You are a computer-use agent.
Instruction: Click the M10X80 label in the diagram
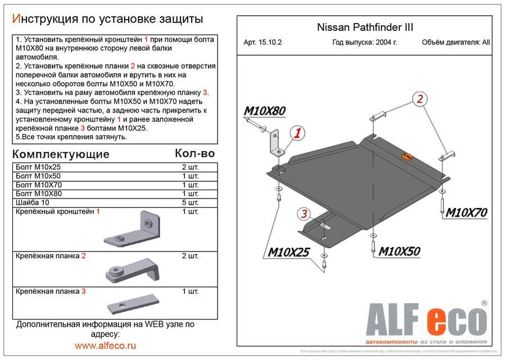(x=264, y=111)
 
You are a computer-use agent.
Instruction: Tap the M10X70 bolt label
(x=466, y=213)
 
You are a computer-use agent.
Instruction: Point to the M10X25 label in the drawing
(x=288, y=252)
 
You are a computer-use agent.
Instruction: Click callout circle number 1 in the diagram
(x=297, y=133)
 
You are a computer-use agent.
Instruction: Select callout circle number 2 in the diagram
(x=419, y=100)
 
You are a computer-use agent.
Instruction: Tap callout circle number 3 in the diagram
(x=303, y=214)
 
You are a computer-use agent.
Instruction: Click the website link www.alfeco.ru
(x=106, y=345)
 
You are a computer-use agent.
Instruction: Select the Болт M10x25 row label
(x=39, y=168)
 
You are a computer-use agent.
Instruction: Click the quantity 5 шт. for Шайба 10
(x=190, y=202)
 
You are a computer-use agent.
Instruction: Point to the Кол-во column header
(x=195, y=153)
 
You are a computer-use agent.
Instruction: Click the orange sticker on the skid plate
(x=406, y=157)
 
